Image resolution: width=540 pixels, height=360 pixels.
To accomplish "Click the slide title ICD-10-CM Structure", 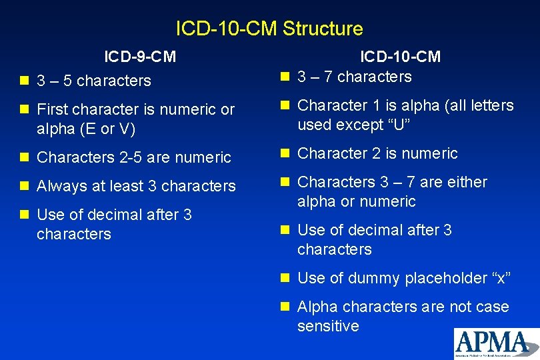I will click(269, 29).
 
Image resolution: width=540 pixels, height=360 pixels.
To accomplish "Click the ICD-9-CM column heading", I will click(140, 57).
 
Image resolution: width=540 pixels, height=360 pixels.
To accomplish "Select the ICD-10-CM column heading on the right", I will click(400, 57).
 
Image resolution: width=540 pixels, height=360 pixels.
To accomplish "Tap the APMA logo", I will click(496, 343).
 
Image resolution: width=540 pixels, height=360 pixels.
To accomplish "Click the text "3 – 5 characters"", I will click(94, 81).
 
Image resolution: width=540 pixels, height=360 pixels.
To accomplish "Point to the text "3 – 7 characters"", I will click(355, 77).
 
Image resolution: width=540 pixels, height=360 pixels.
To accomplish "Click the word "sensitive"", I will click(328, 326).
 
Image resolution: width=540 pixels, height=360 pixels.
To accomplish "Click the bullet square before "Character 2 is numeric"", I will click(285, 153).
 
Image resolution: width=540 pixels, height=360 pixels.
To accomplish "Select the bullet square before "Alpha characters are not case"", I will click(285, 307).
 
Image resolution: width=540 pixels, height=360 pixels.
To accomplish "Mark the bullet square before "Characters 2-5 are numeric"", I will click(25, 157).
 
